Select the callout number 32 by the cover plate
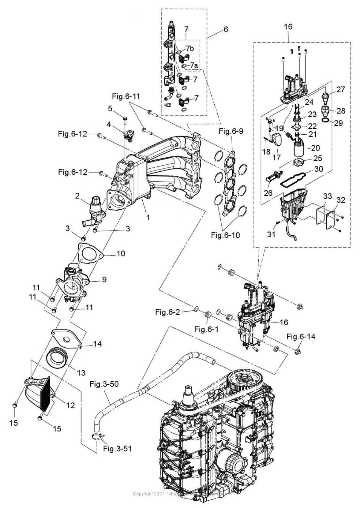pyautogui.click(x=340, y=200)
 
